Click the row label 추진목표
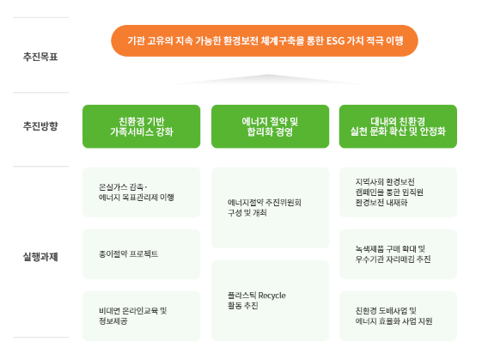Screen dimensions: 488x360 pos(40,57)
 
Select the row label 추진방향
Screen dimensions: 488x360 pos(40,126)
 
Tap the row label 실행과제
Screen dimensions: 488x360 pos(40,257)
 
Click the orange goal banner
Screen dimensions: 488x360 pos(265,40)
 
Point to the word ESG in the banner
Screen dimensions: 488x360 pos(335,40)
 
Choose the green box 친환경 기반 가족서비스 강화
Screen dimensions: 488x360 pos(141,126)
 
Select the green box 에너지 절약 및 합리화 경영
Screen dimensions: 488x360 pos(270,126)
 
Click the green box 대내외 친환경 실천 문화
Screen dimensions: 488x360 pos(398,126)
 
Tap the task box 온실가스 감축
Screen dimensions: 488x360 pos(141,192)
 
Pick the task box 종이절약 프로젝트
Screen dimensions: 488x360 pos(141,254)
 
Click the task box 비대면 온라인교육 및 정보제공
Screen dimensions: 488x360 pos(141,316)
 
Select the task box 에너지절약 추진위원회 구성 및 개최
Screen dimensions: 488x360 pos(270,208)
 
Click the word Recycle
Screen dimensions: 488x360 pos(272,296)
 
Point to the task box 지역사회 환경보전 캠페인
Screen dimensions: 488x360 pos(398,192)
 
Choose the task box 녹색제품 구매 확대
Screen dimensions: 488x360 pos(398,254)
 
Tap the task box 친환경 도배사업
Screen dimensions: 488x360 pos(398,316)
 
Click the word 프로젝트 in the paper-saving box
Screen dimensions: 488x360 pos(143,254)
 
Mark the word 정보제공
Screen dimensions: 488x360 pos(113,321)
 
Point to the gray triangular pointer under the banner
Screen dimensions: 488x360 pos(268,79)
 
